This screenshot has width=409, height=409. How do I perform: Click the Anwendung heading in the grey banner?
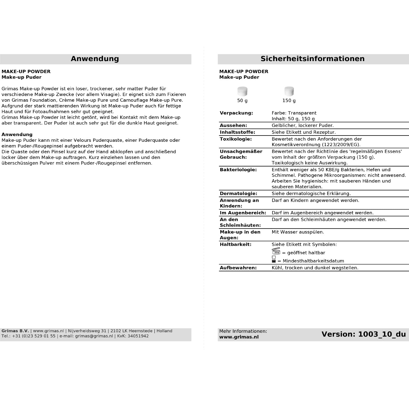pyautogui.click(x=95, y=59)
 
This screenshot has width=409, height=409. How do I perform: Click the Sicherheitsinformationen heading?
pyautogui.click(x=312, y=59)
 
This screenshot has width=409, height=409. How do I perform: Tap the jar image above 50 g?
pyautogui.click(x=242, y=91)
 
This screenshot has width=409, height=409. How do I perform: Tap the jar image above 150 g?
pyautogui.click(x=289, y=91)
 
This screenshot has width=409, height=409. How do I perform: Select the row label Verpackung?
pyautogui.click(x=236, y=113)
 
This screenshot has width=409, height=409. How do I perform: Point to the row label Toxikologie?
pyautogui.click(x=236, y=139)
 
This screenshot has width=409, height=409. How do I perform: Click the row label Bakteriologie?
pyautogui.click(x=238, y=170)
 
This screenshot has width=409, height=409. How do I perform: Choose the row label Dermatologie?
pyautogui.click(x=238, y=194)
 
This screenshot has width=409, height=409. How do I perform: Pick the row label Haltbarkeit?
pyautogui.click(x=235, y=245)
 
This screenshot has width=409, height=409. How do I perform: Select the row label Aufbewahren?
pyautogui.click(x=238, y=268)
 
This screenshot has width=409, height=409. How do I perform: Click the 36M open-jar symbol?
pyautogui.click(x=276, y=252)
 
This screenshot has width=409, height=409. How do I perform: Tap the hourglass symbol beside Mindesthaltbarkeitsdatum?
pyautogui.click(x=274, y=259)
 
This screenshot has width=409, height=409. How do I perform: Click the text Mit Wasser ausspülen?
pyautogui.click(x=298, y=232)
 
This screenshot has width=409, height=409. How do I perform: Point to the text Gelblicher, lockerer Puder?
pyautogui.click(x=302, y=125)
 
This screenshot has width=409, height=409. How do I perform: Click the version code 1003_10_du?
pyautogui.click(x=382, y=334)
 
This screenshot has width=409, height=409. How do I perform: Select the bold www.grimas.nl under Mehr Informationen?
pyautogui.click(x=239, y=337)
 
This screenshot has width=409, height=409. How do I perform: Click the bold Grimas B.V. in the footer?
pyautogui.click(x=15, y=331)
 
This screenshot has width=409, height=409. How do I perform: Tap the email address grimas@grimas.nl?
pyautogui.click(x=94, y=336)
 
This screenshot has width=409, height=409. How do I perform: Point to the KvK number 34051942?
pyautogui.click(x=138, y=336)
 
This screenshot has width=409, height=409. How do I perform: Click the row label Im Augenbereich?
pyautogui.click(x=243, y=213)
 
